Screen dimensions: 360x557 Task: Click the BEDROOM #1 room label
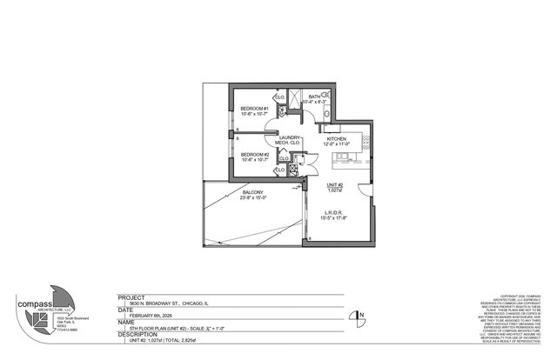(254, 109)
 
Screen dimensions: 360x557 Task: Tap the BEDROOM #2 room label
(254, 154)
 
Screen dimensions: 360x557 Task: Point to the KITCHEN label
(338, 139)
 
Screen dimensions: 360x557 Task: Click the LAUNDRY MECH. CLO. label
(288, 138)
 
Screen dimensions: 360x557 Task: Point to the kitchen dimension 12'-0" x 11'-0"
(338, 145)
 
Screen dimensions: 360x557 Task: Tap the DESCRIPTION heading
(139, 333)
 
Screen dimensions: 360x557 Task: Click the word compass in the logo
(35, 304)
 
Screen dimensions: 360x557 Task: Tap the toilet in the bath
(326, 112)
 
